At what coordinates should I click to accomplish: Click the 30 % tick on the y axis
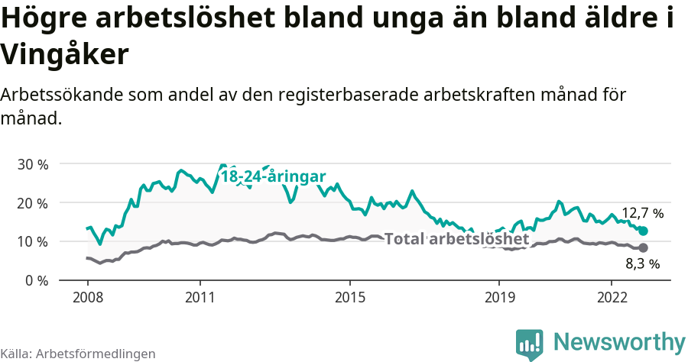(33, 164)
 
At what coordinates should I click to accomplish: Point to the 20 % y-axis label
(33, 203)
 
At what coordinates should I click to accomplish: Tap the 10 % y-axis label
(33, 241)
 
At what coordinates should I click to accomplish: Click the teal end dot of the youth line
(644, 231)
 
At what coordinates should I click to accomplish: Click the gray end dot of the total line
(644, 247)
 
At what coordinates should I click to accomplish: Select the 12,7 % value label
(642, 213)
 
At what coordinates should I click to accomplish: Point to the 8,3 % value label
(642, 264)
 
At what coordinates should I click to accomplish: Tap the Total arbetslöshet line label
(456, 239)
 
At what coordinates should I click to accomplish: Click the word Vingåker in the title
(63, 55)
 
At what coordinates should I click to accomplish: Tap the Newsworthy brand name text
(619, 341)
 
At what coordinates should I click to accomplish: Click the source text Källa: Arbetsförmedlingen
(78, 354)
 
